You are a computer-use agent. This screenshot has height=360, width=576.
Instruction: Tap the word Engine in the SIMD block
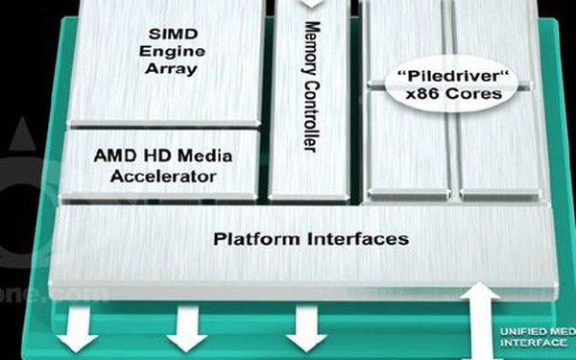point(169,49)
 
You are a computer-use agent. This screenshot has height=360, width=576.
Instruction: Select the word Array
point(169,68)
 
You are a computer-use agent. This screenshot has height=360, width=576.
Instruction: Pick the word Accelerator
point(163,177)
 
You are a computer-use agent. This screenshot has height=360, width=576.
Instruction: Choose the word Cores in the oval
point(476,94)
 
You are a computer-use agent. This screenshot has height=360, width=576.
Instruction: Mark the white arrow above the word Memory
point(311,8)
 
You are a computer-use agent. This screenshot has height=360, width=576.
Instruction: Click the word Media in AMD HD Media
point(204,156)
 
